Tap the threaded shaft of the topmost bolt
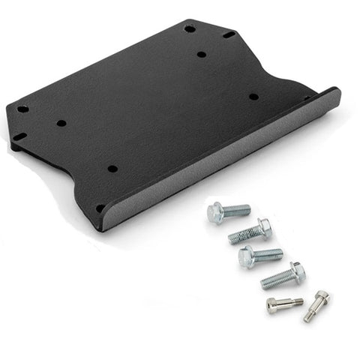pyautogui.click(x=238, y=211)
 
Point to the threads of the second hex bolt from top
pyautogui.click(x=243, y=235)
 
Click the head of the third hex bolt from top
pyautogui.click(x=247, y=257)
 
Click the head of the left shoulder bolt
pyautogui.click(x=274, y=305)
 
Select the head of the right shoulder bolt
pyautogui.click(x=322, y=298)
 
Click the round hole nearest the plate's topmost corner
pyautogui.click(x=190, y=28)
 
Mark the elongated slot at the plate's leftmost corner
pyautogui.click(x=19, y=136)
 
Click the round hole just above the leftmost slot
pyautogui.click(x=23, y=109)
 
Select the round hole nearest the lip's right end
pyautogui.click(x=253, y=97)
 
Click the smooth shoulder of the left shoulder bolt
pyautogui.click(x=288, y=303)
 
